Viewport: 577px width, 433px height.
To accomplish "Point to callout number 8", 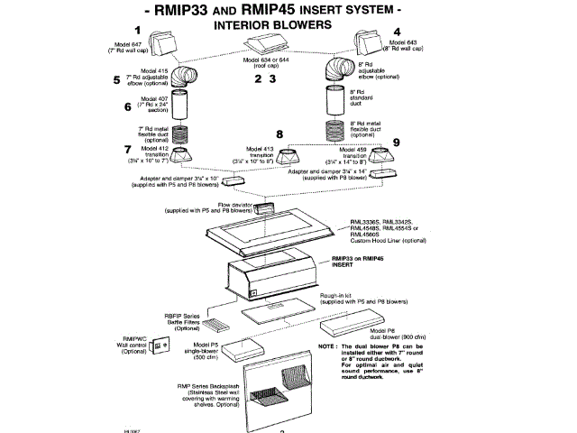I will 279,135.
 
